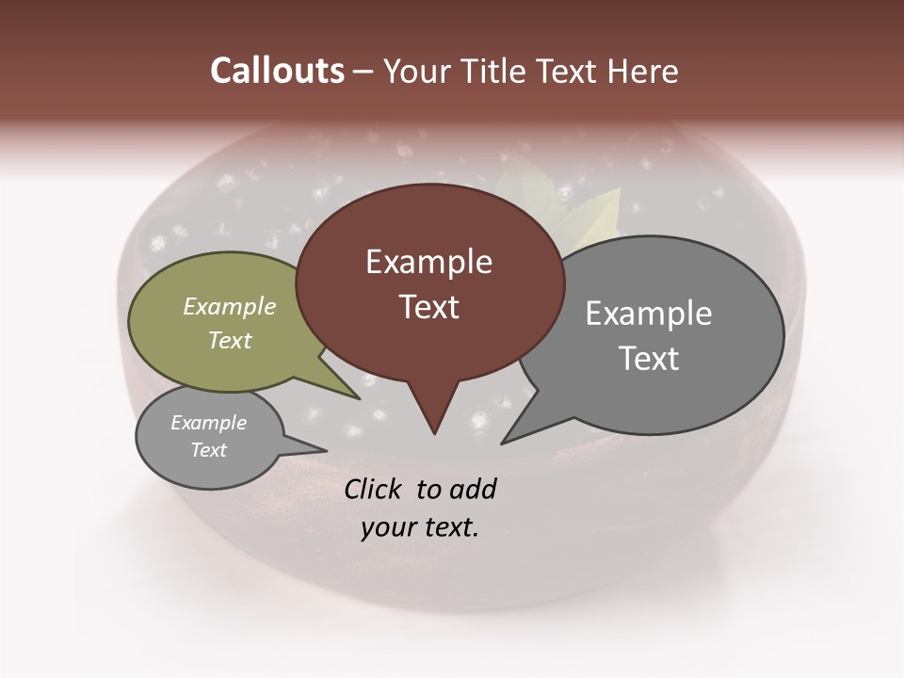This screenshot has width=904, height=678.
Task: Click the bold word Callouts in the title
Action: click(x=277, y=71)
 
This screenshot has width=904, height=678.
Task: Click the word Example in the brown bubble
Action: click(x=428, y=262)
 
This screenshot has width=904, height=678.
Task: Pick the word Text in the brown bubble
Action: click(x=428, y=307)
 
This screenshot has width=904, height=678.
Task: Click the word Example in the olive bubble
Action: click(x=230, y=306)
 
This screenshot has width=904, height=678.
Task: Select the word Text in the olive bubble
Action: click(x=230, y=340)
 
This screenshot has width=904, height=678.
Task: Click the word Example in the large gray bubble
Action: click(x=649, y=314)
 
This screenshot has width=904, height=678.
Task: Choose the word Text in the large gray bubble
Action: click(x=649, y=359)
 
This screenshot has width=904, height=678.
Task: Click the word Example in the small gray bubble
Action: click(x=208, y=423)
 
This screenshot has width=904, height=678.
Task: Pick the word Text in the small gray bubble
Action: click(x=208, y=450)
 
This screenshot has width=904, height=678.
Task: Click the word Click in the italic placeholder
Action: click(x=375, y=489)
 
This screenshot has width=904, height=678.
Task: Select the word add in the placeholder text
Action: click(x=473, y=489)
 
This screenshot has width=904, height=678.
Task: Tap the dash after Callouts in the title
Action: click(x=363, y=72)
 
